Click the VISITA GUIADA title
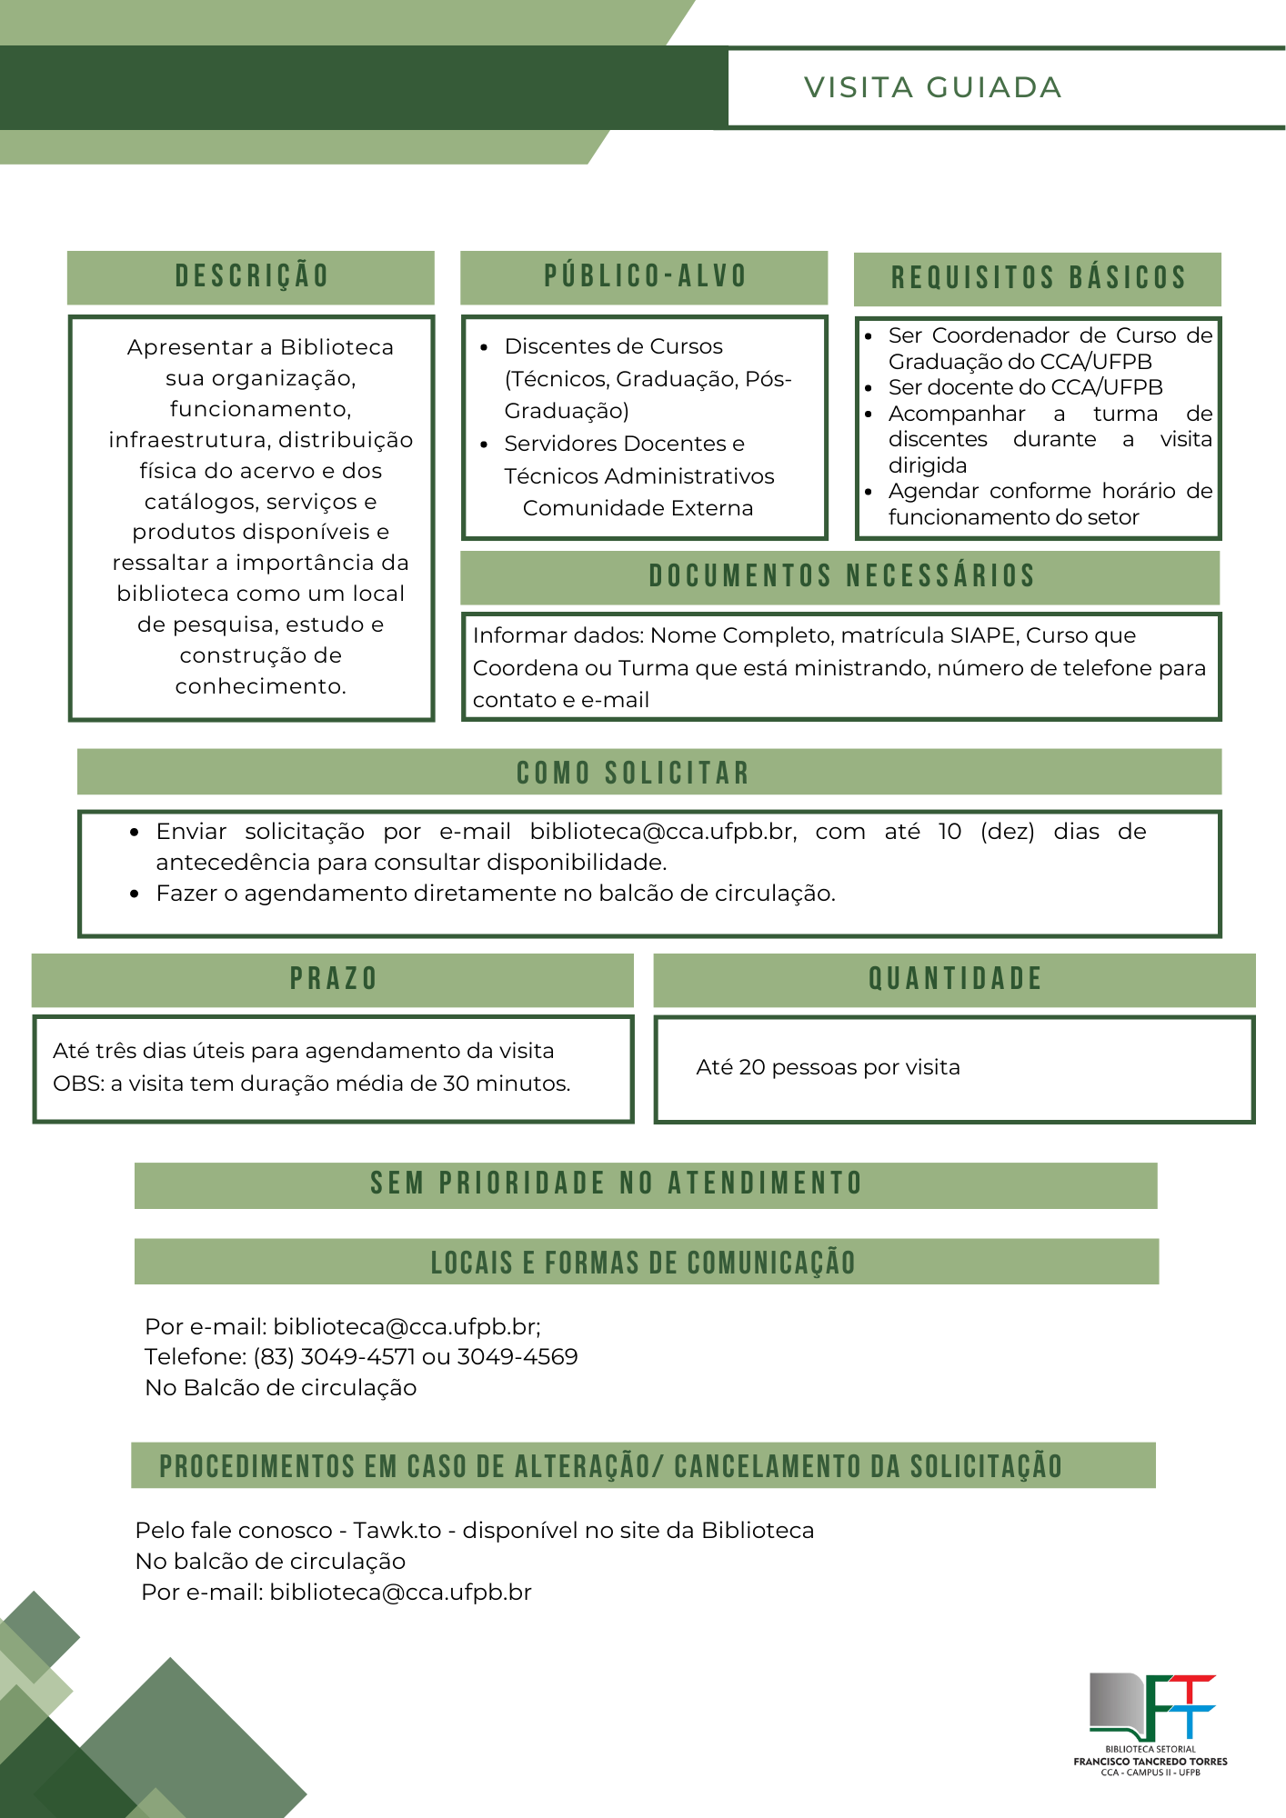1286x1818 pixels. pyautogui.click(x=932, y=87)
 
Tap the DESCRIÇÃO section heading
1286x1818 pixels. pyautogui.click(x=252, y=276)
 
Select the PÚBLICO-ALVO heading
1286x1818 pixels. pyautogui.click(x=645, y=276)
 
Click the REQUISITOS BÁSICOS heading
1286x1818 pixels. pyautogui.click(x=1038, y=278)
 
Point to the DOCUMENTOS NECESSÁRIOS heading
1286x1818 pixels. pyautogui.click(x=841, y=576)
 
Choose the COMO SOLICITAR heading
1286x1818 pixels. pyautogui.click(x=633, y=773)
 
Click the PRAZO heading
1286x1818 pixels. pyautogui.click(x=333, y=979)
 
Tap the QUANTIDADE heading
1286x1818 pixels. pyautogui.click(x=955, y=979)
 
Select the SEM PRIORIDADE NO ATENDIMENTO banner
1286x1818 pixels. pyautogui.click(x=617, y=1184)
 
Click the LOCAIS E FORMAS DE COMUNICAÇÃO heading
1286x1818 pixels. pyautogui.click(x=643, y=1263)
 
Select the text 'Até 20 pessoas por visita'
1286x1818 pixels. pyautogui.click(x=828, y=1067)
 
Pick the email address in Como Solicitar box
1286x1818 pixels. pyautogui.click(x=663, y=832)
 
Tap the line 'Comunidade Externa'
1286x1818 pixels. pyautogui.click(x=638, y=508)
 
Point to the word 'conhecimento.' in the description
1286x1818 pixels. pyautogui.click(x=261, y=686)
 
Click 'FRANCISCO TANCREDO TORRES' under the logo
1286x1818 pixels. pyautogui.click(x=1150, y=1762)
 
